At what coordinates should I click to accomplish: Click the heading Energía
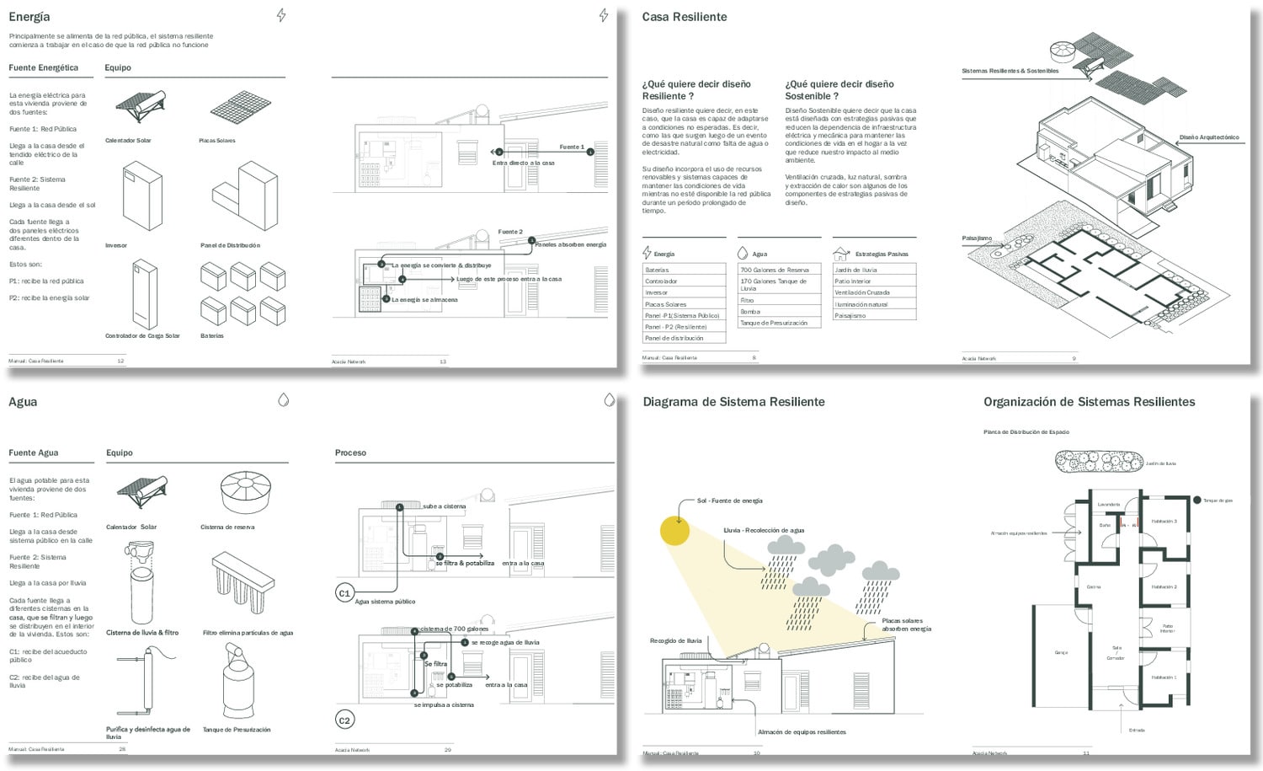(x=29, y=17)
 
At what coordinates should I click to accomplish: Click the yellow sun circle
(x=674, y=531)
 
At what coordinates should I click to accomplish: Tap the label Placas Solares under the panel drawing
(x=217, y=141)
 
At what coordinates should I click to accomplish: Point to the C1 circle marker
(x=344, y=593)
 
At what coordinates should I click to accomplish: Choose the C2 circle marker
(x=344, y=720)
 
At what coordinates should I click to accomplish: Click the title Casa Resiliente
(x=684, y=17)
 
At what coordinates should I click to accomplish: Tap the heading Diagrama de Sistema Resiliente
(x=733, y=402)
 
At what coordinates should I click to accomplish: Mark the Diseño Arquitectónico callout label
(x=1209, y=137)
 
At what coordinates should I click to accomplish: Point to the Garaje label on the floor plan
(x=1061, y=652)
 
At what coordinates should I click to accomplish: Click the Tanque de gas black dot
(x=1197, y=501)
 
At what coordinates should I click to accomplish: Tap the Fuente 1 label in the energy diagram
(x=571, y=147)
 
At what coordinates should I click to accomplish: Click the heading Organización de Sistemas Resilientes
(x=1089, y=402)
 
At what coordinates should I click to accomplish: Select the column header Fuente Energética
(x=43, y=67)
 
